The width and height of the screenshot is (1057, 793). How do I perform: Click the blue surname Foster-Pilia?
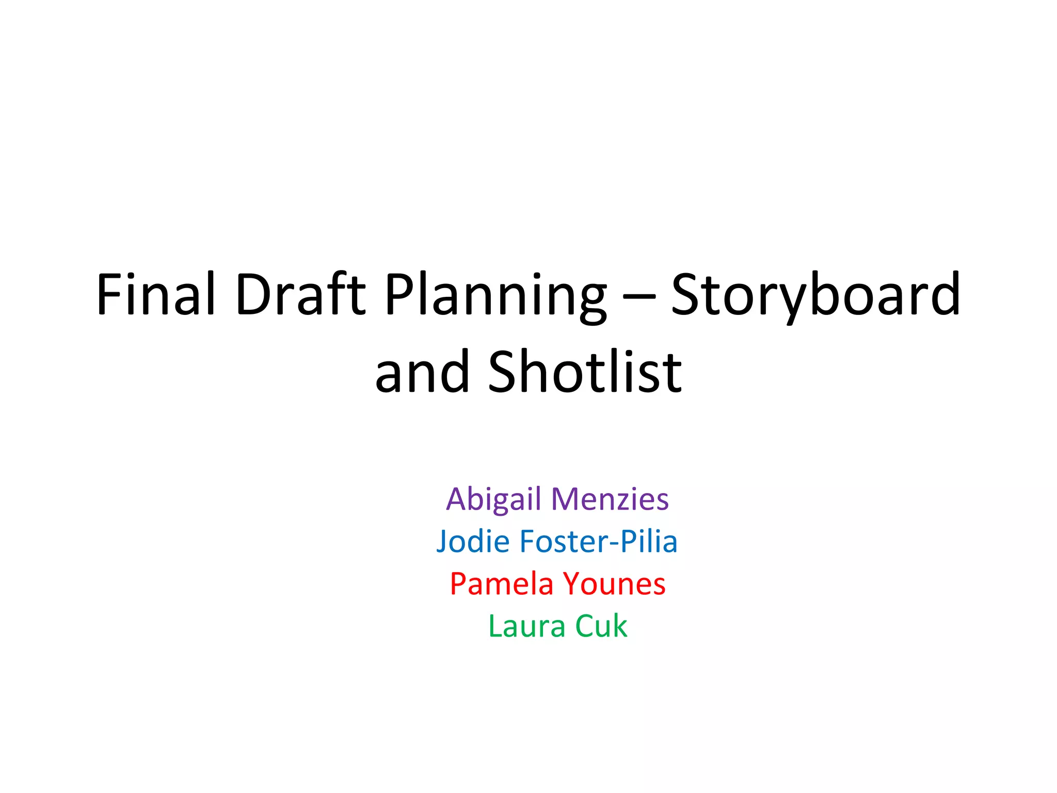pyautogui.click(x=598, y=542)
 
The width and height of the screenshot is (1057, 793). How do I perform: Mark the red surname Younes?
pyautogui.click(x=614, y=584)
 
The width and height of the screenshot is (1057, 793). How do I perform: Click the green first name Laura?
pyautogui.click(x=526, y=626)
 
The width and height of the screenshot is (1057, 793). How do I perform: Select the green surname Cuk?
pyautogui.click(x=601, y=626)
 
